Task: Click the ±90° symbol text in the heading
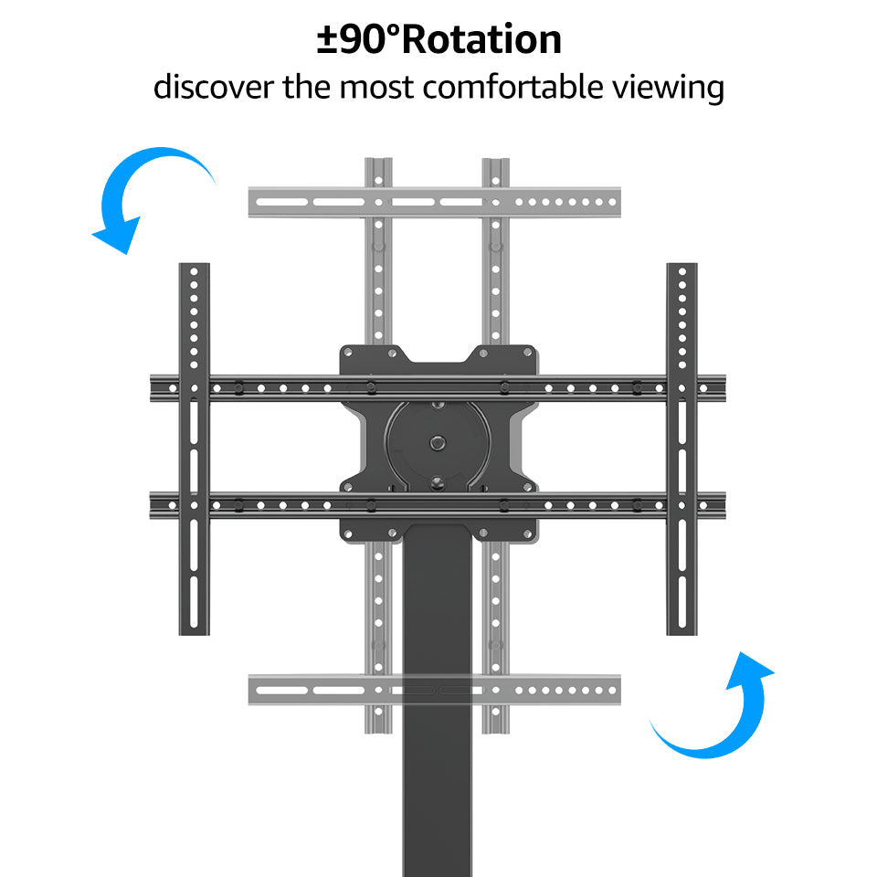[x=359, y=40]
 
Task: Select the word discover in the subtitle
[x=213, y=88]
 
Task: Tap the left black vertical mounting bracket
[x=194, y=448]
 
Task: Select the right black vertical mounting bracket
[x=682, y=448]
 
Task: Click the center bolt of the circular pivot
[x=438, y=442]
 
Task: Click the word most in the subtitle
[x=377, y=88]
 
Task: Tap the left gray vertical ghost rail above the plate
[x=378, y=274]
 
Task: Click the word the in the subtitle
[x=307, y=88]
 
